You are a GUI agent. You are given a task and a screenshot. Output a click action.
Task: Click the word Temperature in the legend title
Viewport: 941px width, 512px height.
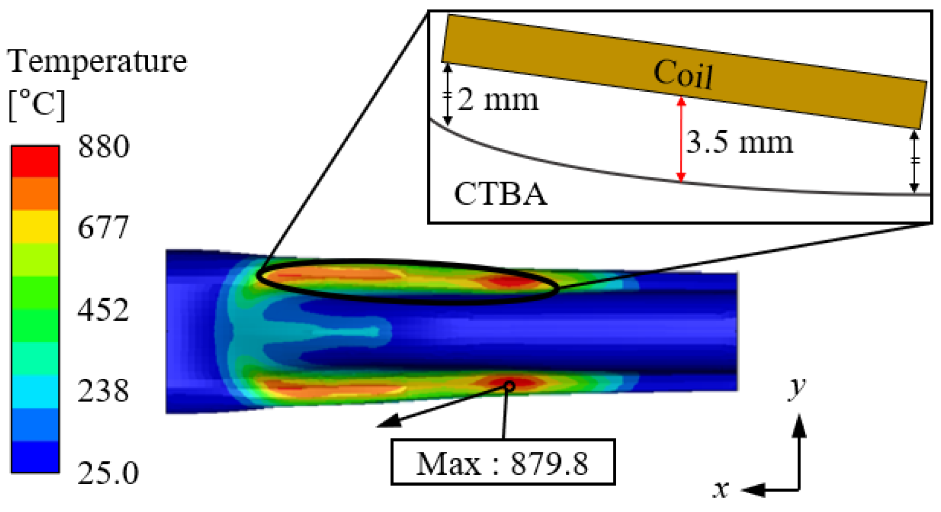click(x=97, y=61)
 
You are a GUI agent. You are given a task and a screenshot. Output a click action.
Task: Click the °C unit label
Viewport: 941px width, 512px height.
click(x=37, y=104)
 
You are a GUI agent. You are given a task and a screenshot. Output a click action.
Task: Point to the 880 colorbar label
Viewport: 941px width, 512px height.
click(x=104, y=146)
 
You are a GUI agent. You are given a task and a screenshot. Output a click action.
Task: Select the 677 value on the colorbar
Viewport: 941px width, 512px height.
click(x=104, y=227)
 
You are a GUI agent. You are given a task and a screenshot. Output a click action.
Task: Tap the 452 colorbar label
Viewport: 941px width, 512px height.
click(x=104, y=310)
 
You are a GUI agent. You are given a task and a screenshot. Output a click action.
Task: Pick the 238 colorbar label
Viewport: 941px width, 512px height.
click(x=104, y=391)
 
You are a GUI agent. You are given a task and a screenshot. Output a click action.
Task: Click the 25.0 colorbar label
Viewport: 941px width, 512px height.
click(x=108, y=473)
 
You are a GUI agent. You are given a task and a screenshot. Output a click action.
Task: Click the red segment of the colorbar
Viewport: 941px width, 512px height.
click(x=35, y=162)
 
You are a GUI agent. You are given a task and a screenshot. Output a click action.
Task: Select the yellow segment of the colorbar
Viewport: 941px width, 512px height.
click(x=35, y=226)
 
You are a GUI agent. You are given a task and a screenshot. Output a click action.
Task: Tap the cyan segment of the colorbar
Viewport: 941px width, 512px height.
click(x=35, y=392)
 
